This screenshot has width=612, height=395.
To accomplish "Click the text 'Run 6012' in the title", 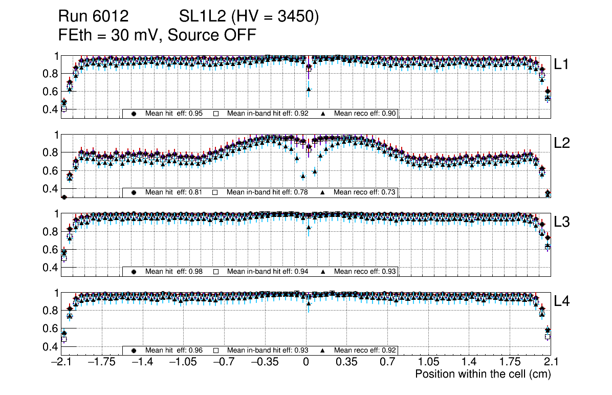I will pyautogui.click(x=93, y=17).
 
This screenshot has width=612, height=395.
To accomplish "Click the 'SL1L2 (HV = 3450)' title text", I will pyautogui.click(x=249, y=17).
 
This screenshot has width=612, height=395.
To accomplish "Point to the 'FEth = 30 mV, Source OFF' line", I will pyautogui.click(x=157, y=35).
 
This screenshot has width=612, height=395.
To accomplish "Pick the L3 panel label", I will pyautogui.click(x=562, y=223).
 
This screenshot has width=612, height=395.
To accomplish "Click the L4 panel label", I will pyautogui.click(x=562, y=301).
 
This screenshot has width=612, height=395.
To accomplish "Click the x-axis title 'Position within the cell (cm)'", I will pyautogui.click(x=483, y=374).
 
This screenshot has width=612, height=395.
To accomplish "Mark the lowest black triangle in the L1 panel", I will pyautogui.click(x=309, y=90).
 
